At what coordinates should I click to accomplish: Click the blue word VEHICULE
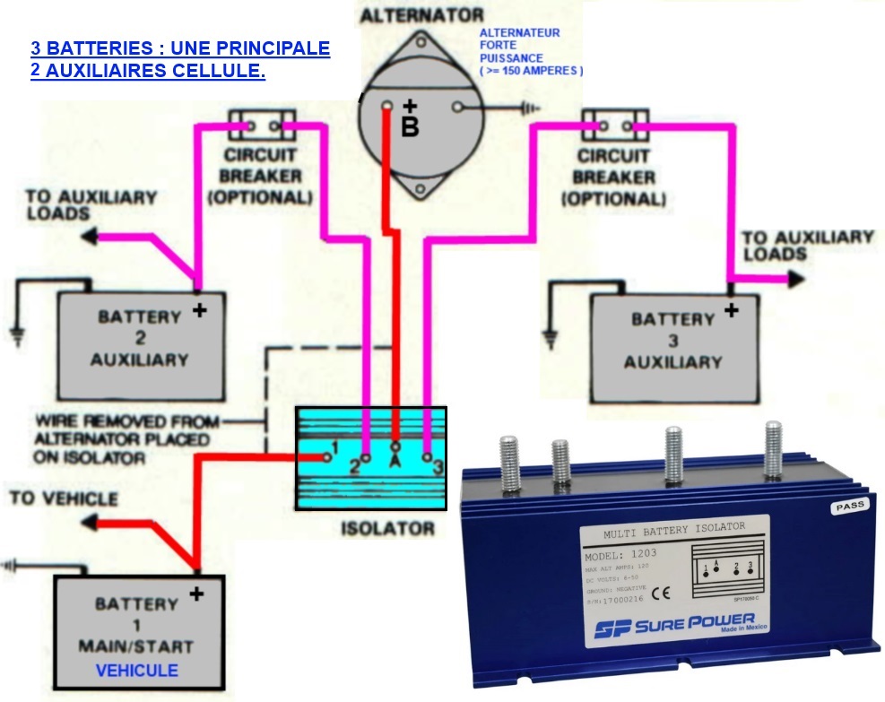137,671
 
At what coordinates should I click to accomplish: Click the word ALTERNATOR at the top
421,15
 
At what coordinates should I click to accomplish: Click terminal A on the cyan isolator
395,445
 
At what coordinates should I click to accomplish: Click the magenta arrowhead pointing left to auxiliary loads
90,238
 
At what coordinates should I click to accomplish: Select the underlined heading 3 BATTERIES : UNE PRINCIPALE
180,48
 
